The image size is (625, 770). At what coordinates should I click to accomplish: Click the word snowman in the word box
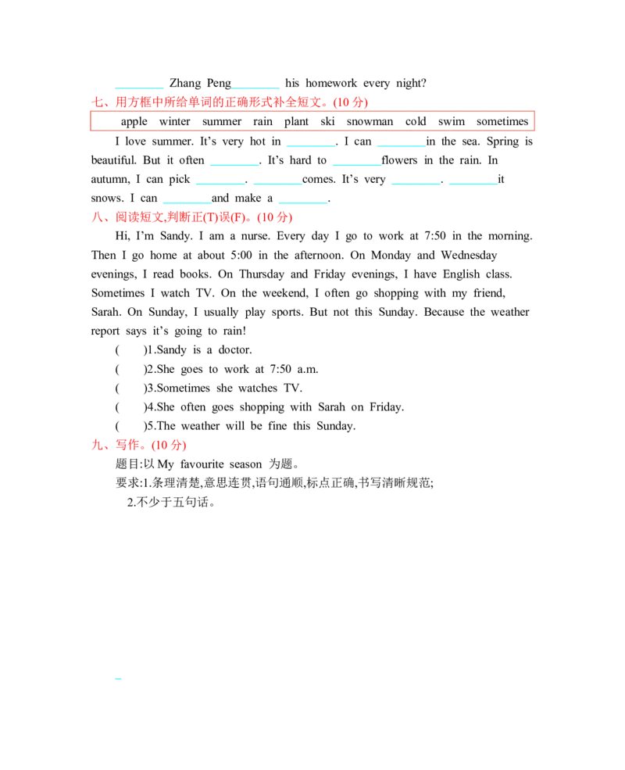click(370, 121)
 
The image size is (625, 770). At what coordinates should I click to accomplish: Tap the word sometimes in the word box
click(502, 121)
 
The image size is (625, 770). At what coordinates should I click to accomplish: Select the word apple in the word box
click(134, 122)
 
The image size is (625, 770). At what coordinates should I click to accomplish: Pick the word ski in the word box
click(327, 121)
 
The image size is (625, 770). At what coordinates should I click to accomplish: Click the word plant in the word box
click(296, 122)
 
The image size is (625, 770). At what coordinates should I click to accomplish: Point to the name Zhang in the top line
click(185, 83)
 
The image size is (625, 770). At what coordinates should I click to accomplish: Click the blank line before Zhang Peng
click(139, 88)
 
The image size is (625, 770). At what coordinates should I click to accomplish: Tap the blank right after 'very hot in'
click(311, 146)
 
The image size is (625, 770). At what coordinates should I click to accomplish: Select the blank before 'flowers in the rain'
click(357, 165)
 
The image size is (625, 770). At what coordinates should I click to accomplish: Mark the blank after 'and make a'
click(302, 202)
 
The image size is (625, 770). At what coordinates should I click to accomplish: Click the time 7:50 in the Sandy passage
click(435, 236)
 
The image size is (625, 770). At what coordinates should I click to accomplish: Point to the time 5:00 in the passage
click(241, 255)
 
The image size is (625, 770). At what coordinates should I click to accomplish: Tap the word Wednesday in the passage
click(469, 255)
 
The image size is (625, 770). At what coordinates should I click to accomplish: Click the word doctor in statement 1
click(235, 349)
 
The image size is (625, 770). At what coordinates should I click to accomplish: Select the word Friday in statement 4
click(387, 407)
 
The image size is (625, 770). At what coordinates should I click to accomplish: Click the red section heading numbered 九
click(139, 445)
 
